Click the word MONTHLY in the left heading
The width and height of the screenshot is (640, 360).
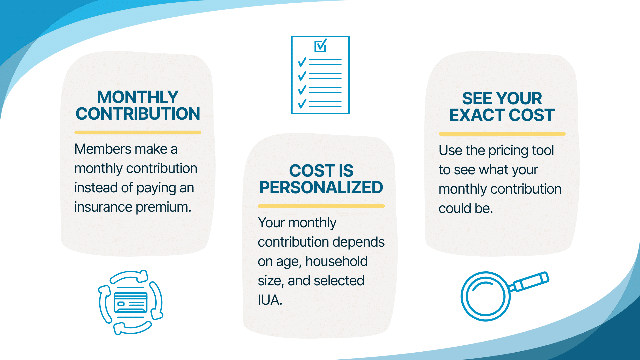pyautogui.click(x=138, y=97)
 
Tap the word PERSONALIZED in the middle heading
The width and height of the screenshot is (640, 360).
pyautogui.click(x=321, y=187)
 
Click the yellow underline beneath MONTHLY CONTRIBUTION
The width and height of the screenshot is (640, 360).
pyautogui.click(x=138, y=132)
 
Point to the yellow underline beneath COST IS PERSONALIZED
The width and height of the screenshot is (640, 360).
pyautogui.click(x=321, y=206)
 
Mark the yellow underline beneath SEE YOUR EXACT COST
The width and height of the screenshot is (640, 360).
pyautogui.click(x=502, y=134)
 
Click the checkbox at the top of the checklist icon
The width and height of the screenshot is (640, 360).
pyautogui.click(x=320, y=46)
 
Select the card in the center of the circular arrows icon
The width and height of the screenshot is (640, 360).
pyautogui.click(x=131, y=302)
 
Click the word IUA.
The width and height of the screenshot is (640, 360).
pyautogui.click(x=270, y=300)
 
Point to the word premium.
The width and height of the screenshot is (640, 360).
pyautogui.click(x=163, y=207)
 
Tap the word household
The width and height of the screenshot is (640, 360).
pyautogui.click(x=336, y=261)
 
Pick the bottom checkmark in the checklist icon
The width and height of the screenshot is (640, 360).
pyautogui.click(x=302, y=104)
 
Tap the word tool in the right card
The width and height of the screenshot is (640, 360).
pyautogui.click(x=543, y=150)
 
